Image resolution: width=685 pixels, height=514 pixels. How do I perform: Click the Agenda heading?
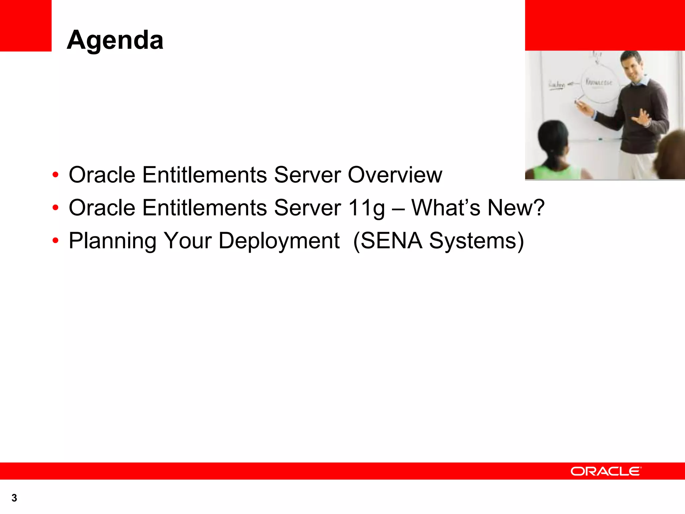[x=115, y=40]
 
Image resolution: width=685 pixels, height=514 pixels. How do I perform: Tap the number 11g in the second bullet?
[x=367, y=208]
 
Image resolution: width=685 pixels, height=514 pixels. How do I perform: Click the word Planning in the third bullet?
[x=112, y=241]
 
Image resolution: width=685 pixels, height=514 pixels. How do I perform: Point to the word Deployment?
[x=279, y=241]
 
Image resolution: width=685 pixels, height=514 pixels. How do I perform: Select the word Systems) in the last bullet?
[x=476, y=241]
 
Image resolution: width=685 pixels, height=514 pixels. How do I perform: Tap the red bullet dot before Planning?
[x=56, y=240]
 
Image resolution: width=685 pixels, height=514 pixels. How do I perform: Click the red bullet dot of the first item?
[x=56, y=175]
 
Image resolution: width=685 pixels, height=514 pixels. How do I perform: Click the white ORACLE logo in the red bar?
[x=606, y=471]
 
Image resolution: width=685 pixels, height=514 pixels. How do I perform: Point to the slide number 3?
[x=14, y=498]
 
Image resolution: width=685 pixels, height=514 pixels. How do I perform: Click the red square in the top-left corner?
[x=25, y=25]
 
